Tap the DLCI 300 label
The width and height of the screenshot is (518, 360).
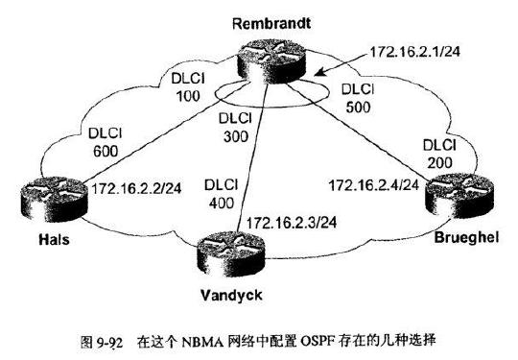[234, 129]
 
